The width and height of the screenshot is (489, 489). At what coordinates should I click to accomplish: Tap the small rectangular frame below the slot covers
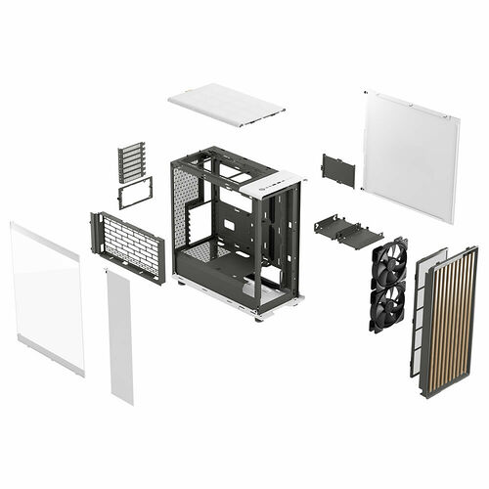point(134,193)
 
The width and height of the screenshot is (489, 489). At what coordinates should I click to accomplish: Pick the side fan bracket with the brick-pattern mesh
point(129,244)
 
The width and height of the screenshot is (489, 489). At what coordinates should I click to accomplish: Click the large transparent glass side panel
point(46,298)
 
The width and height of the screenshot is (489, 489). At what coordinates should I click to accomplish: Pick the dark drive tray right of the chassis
point(347,230)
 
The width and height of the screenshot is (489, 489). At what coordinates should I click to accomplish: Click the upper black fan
point(389,262)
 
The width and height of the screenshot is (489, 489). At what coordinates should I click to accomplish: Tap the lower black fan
point(388,306)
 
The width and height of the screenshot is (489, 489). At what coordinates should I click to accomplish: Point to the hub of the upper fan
point(389,262)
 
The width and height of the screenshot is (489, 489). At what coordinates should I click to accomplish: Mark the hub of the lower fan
point(388,306)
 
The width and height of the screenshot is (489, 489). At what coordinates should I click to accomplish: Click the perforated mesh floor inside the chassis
point(207,252)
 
